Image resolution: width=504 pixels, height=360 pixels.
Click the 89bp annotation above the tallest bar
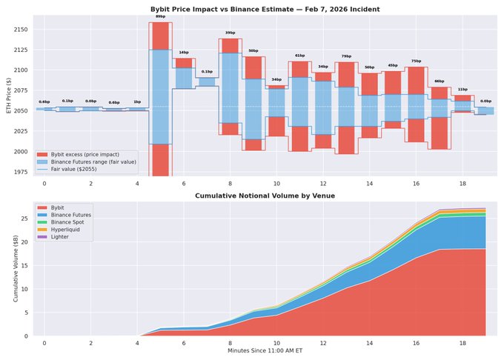click(160, 16)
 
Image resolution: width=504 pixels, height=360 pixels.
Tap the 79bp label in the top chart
click(346, 56)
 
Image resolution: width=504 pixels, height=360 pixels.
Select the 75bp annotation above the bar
click(416, 61)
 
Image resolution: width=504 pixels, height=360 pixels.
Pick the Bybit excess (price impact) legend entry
click(85, 153)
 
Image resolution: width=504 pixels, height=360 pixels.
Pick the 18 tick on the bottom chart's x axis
click(463, 344)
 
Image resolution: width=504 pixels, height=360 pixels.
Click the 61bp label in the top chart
click(299, 56)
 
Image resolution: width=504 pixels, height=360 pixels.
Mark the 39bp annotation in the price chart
click(230, 33)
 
